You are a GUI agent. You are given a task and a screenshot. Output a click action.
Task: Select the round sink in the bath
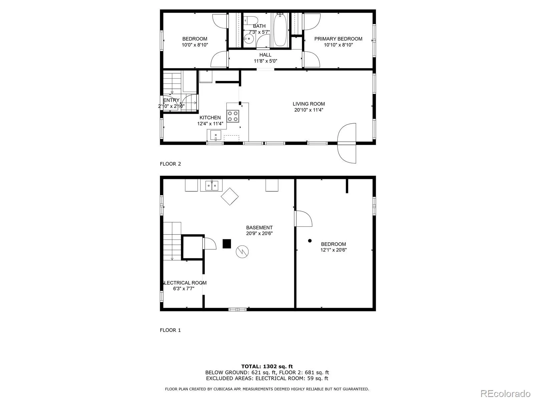249,39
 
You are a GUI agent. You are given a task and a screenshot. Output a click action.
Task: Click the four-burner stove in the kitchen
233,116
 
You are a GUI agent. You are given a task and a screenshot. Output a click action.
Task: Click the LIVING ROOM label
308,104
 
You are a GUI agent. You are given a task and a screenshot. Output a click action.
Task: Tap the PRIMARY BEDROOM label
338,39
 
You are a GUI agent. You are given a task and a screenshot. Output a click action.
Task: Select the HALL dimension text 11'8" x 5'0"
265,61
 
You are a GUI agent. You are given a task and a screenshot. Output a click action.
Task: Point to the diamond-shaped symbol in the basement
230,196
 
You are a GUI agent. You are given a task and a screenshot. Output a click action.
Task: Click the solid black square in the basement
227,244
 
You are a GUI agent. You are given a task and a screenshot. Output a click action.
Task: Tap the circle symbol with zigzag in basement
242,252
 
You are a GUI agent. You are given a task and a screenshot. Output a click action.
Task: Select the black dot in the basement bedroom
310,241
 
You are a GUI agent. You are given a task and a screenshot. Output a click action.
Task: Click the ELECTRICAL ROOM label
184,283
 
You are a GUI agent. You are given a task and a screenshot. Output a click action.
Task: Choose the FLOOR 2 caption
170,164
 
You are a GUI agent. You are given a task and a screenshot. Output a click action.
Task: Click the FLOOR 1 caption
170,330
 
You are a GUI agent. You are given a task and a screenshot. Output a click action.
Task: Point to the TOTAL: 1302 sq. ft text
267,366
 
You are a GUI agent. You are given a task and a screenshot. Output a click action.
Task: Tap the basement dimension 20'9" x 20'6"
259,233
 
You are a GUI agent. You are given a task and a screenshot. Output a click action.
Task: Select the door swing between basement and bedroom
303,219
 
